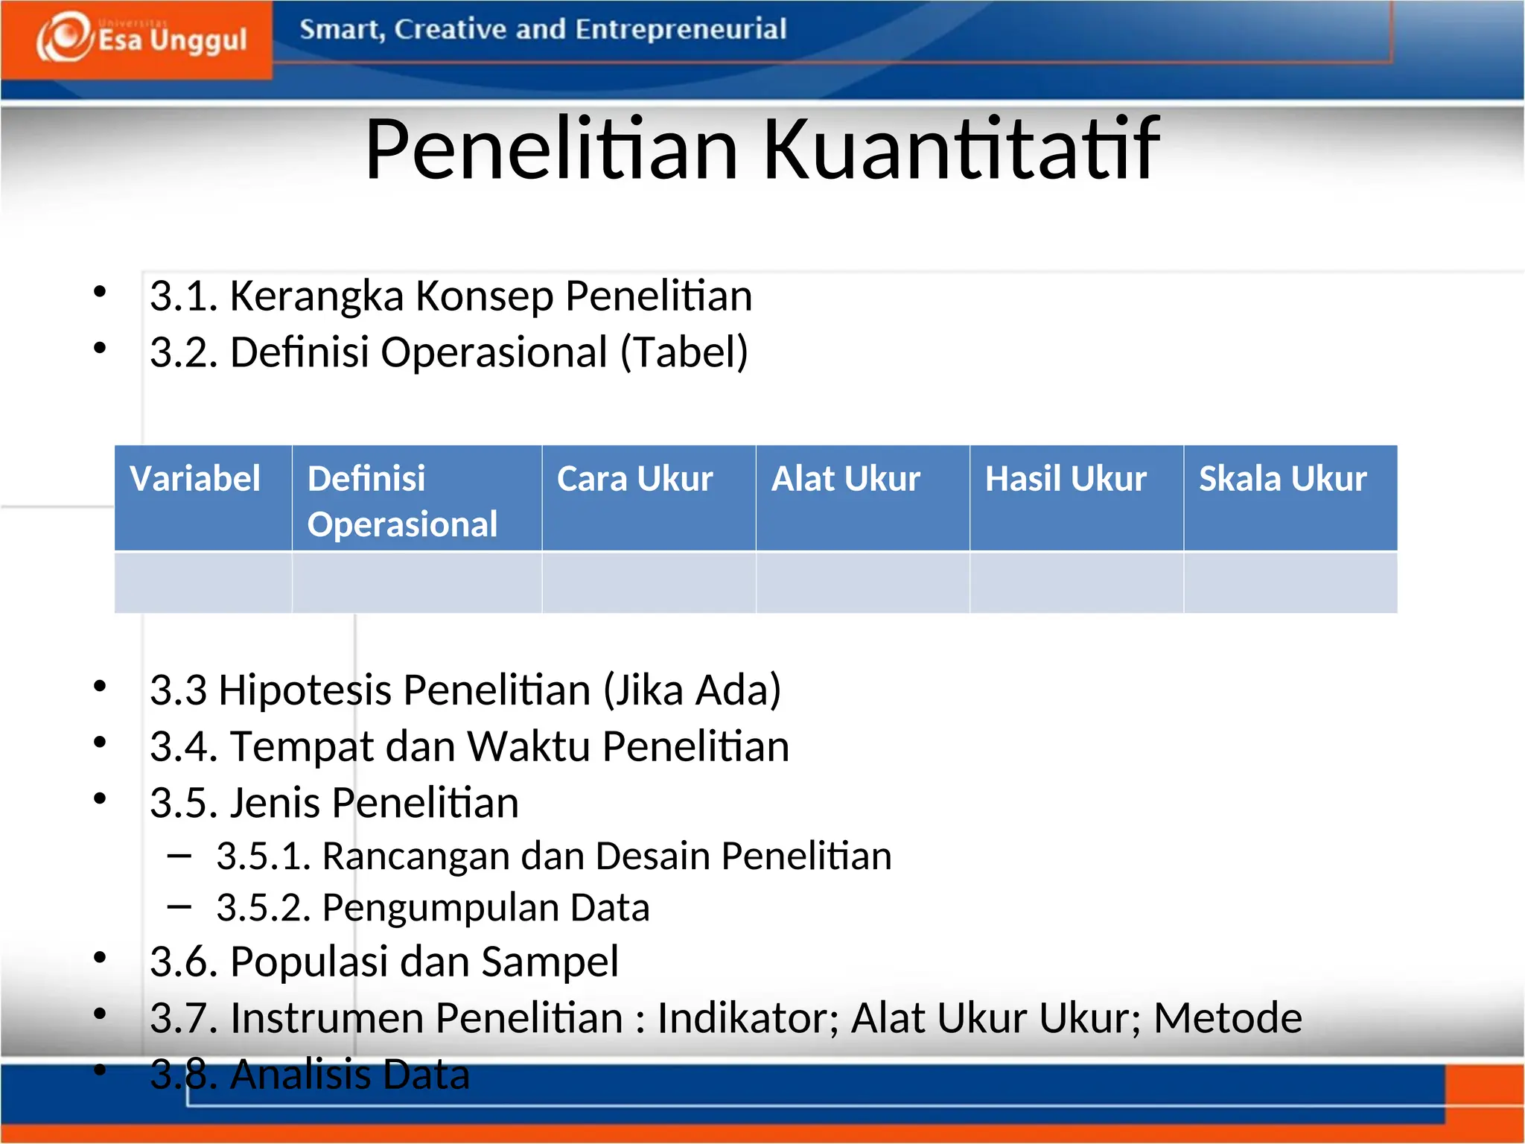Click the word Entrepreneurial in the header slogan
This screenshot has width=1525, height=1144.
click(x=680, y=30)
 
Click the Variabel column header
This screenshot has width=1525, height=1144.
click(x=195, y=479)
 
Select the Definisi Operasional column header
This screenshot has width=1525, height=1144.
click(x=402, y=501)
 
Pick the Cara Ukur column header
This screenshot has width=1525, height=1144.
click(x=634, y=479)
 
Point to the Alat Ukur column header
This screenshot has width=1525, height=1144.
click(x=846, y=479)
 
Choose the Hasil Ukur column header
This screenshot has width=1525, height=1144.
click(x=1066, y=479)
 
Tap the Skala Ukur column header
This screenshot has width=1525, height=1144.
click(x=1282, y=479)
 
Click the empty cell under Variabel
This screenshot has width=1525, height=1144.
click(x=203, y=582)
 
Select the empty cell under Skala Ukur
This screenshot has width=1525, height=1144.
click(x=1290, y=582)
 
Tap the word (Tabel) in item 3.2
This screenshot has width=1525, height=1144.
click(x=684, y=352)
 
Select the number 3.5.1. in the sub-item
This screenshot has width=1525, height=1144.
click(x=263, y=856)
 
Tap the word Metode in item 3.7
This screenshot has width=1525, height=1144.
click(x=1227, y=1018)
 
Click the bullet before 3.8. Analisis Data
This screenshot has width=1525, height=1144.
click(x=100, y=1070)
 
